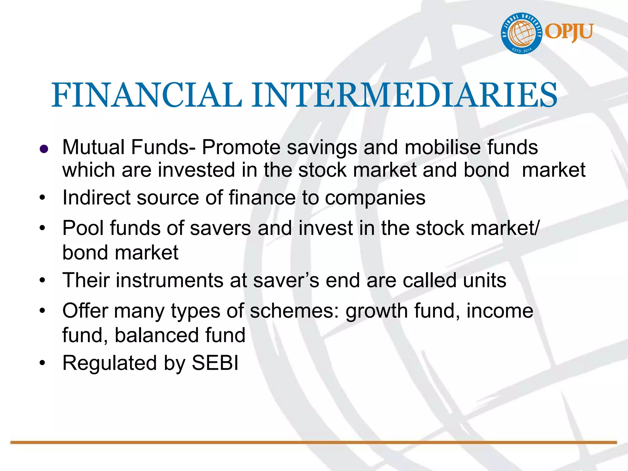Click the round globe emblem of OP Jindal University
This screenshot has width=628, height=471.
tap(522, 33)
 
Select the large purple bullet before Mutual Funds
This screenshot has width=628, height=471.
tap(44, 149)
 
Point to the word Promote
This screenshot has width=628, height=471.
tap(241, 147)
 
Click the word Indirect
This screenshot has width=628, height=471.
tap(96, 197)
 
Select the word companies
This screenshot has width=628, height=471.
tap(375, 198)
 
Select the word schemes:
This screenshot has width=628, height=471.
tap(294, 311)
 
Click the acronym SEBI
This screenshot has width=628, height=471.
tap(215, 363)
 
